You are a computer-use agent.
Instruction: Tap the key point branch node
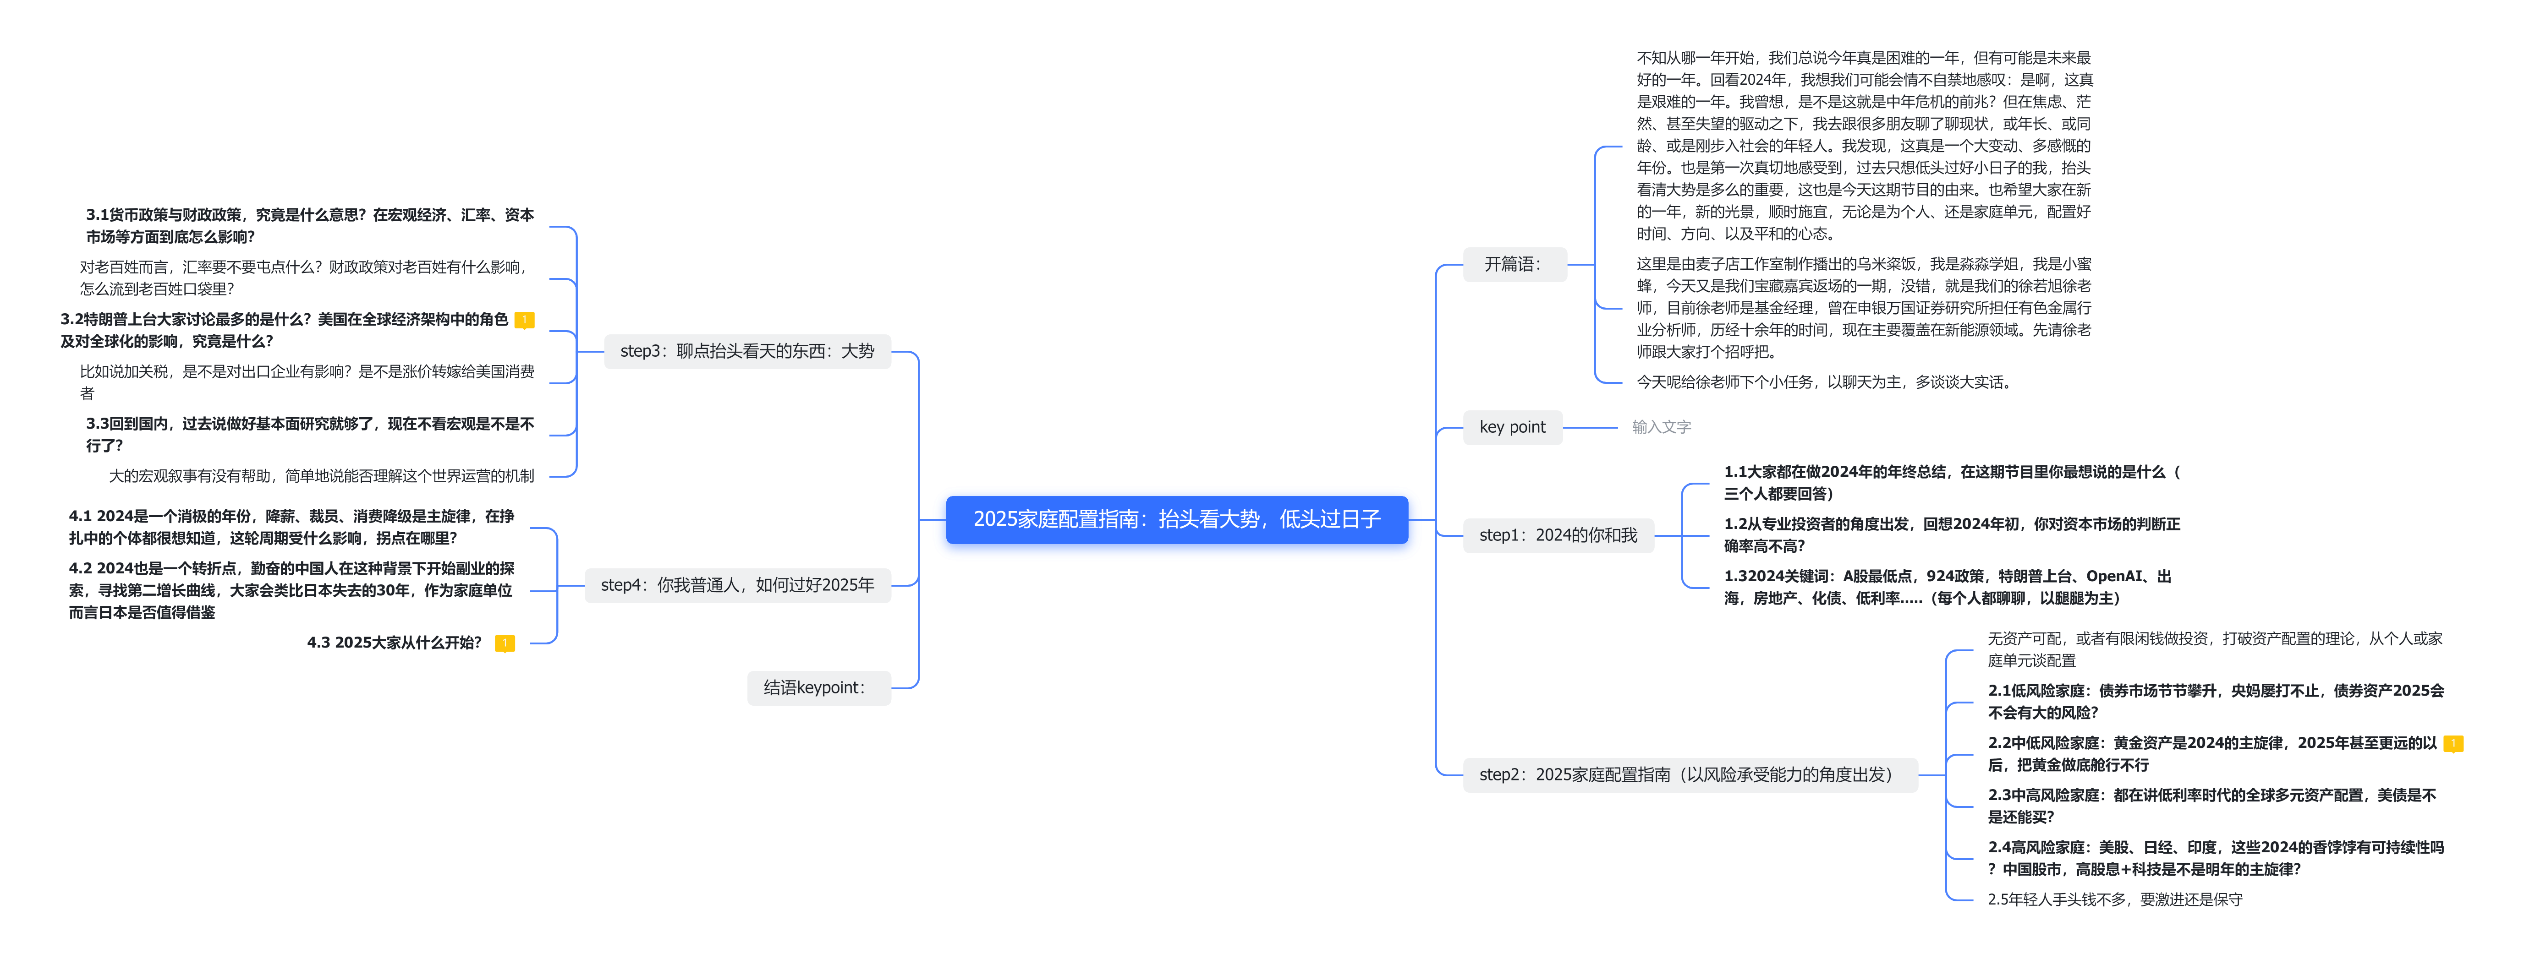[x=1512, y=427]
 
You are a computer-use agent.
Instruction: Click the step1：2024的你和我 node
[x=1557, y=535]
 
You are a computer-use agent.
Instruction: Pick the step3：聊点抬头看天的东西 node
[x=746, y=351]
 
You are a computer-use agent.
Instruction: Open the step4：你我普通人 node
[x=737, y=585]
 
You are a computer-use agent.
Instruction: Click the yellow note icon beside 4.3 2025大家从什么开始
[x=505, y=643]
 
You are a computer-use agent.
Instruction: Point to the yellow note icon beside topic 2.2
[x=2453, y=743]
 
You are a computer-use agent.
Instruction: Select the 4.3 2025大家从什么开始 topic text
[x=394, y=643]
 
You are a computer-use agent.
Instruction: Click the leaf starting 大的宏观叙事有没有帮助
[x=321, y=476]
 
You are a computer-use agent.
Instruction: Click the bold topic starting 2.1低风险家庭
[x=2214, y=701]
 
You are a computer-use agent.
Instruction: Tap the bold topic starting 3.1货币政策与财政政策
[x=310, y=225]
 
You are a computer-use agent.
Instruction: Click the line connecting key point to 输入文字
[x=1589, y=427]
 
